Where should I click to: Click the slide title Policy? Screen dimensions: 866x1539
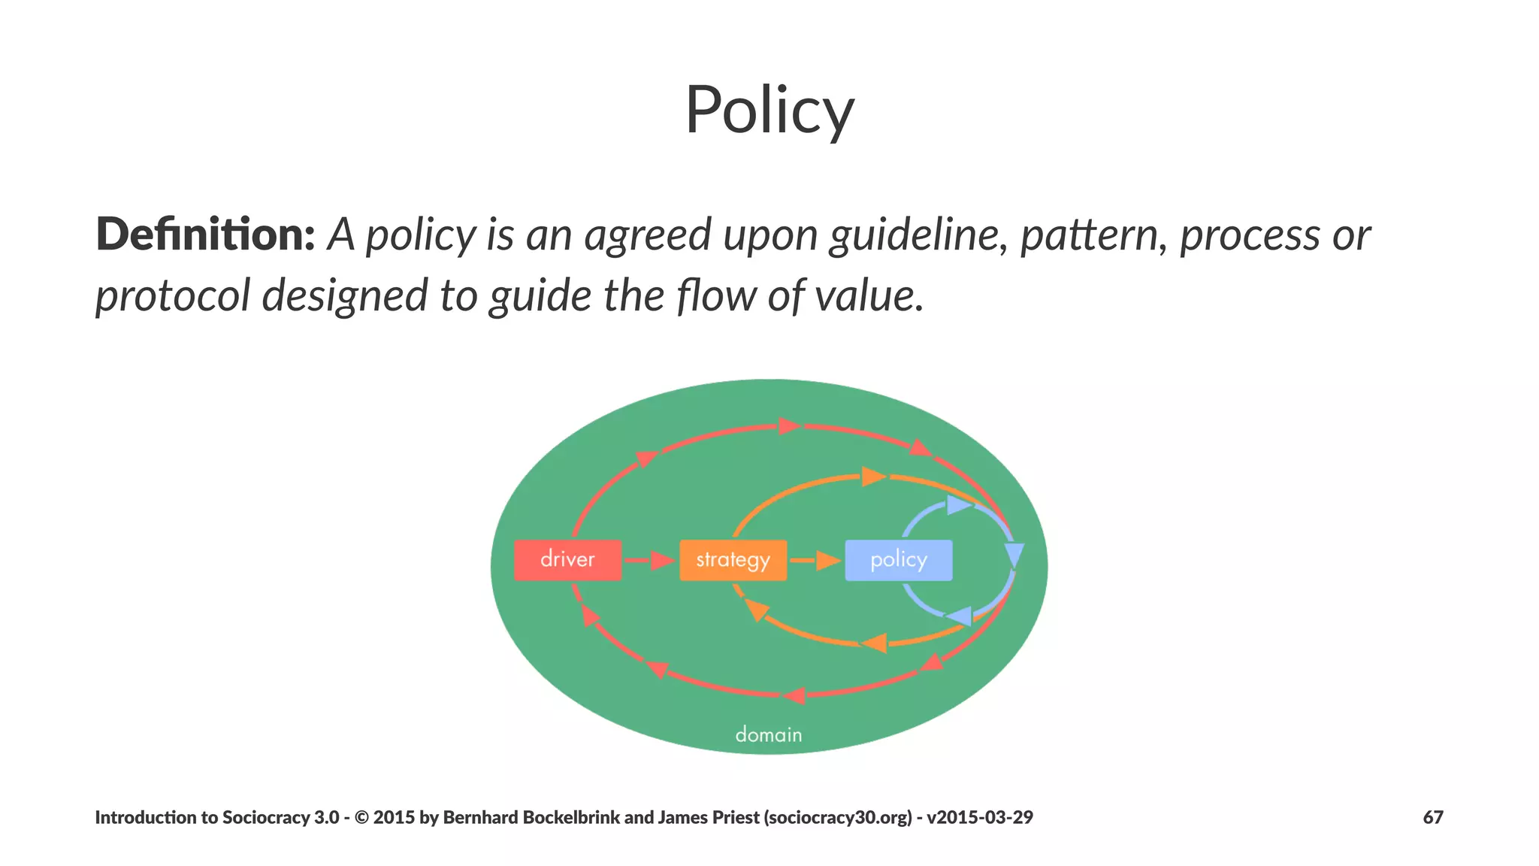pos(769,111)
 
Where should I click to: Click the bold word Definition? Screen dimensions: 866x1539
pos(205,235)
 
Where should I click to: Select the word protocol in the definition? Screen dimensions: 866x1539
pos(172,295)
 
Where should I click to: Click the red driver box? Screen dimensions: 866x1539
pos(567,560)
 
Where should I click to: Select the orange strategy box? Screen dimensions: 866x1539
pos(733,560)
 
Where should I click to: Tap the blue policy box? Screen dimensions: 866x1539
pos(898,560)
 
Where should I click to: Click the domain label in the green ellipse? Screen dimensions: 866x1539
pos(768,734)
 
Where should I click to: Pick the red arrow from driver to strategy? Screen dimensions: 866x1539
pos(649,560)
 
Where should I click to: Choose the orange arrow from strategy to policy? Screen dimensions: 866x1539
pos(815,560)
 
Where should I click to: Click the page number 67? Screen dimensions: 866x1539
pos(1432,817)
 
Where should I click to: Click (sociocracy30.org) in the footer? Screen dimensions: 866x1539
pos(837,817)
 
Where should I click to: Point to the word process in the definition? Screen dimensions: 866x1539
pos(1249,235)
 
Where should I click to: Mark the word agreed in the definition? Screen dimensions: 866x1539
pos(648,235)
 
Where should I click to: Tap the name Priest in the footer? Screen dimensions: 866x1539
pos(734,817)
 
